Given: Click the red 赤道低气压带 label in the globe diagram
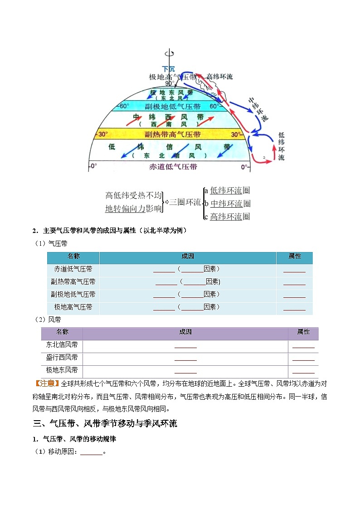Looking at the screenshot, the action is (x=173, y=167).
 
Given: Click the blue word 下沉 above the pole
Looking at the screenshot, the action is (x=168, y=69).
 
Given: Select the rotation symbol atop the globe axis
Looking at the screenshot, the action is (x=168, y=53).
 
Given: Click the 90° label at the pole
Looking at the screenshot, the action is (x=169, y=84).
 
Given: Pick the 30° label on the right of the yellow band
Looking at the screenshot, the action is (x=236, y=135).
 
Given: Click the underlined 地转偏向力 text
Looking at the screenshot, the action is (x=125, y=208).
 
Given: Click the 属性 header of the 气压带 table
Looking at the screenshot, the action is (x=294, y=256).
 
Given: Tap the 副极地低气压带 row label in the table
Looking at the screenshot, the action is (x=73, y=294).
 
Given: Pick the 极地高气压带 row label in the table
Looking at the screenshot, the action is (x=73, y=307).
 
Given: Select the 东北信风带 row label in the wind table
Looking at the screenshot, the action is (x=62, y=344).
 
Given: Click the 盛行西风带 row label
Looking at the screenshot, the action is (x=62, y=357).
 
